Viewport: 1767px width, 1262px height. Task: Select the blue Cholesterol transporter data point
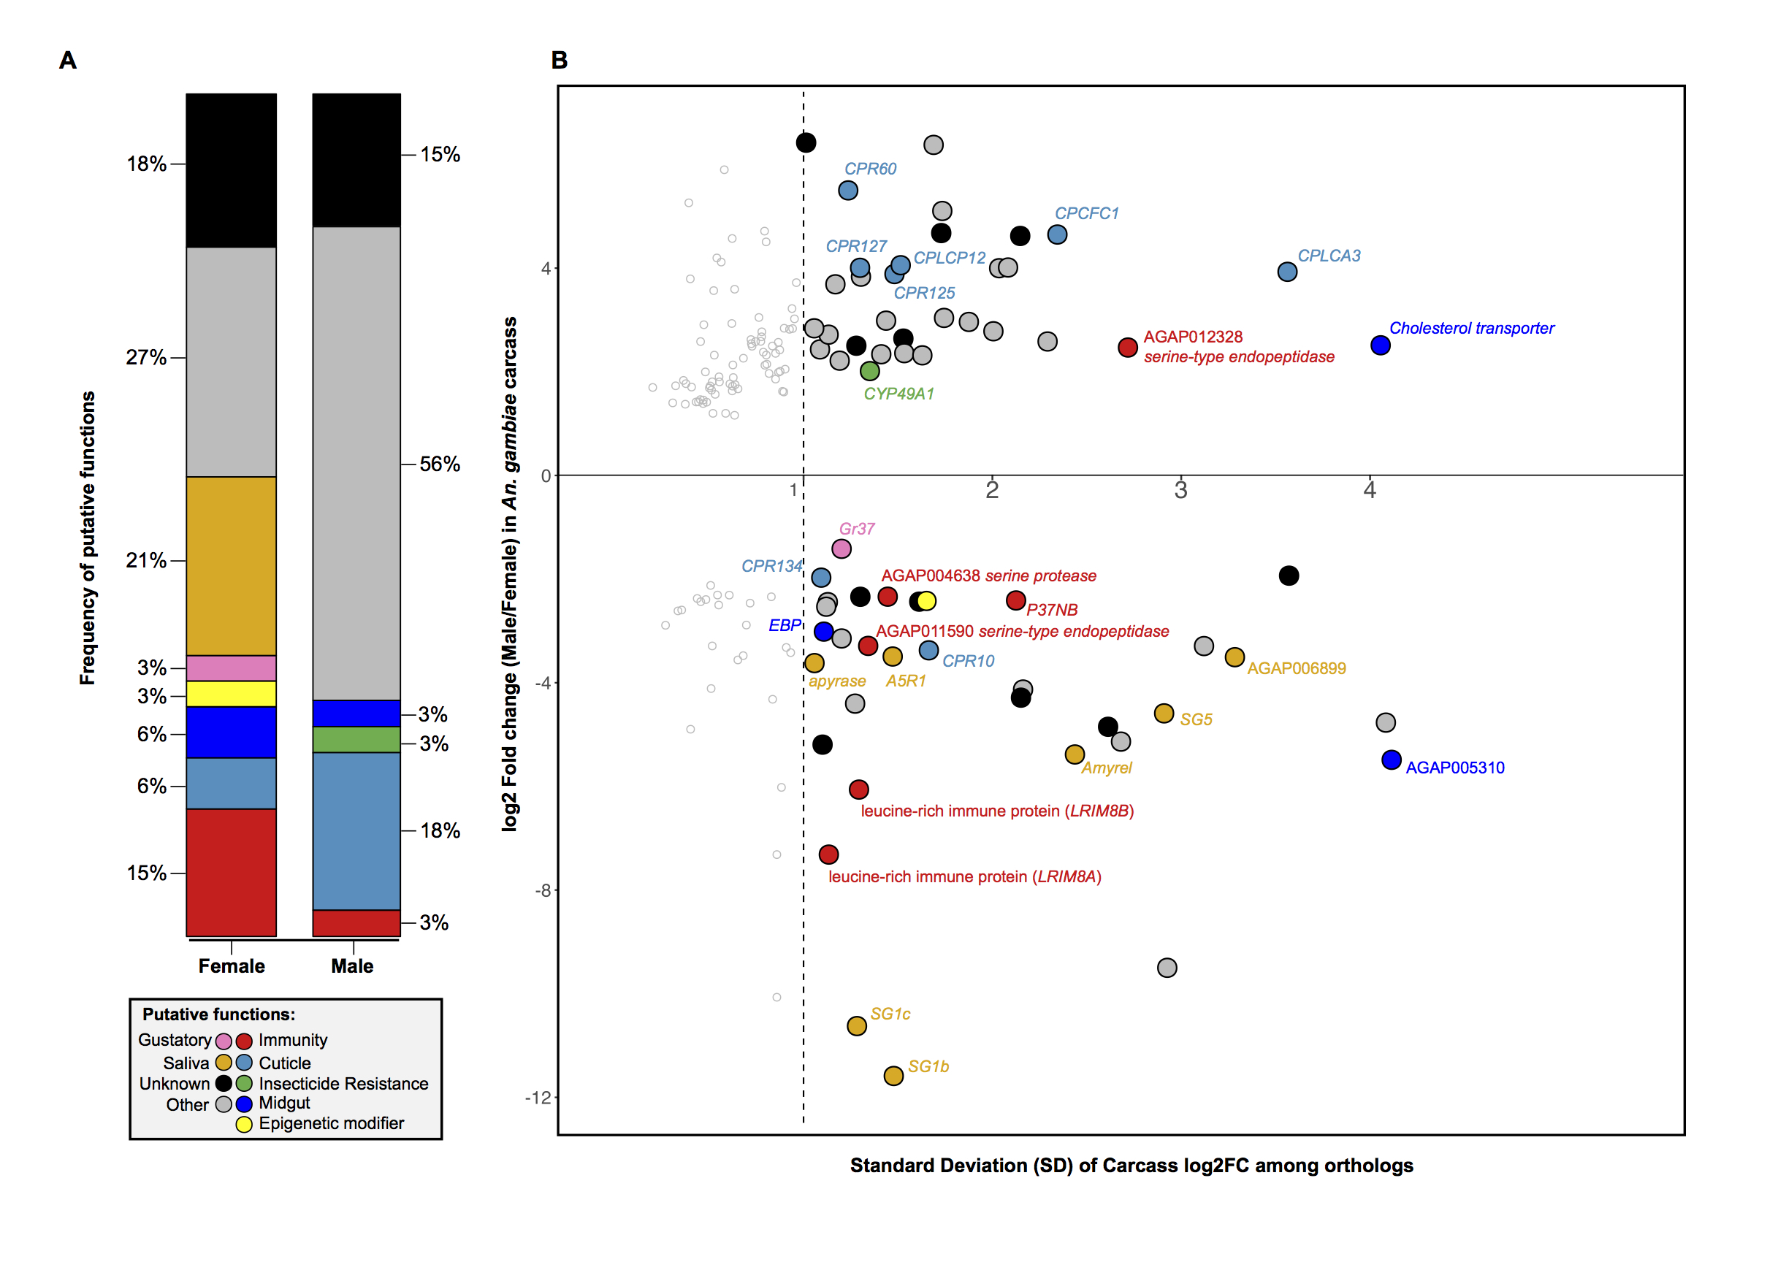tap(1379, 345)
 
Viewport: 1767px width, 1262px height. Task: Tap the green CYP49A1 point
tap(869, 371)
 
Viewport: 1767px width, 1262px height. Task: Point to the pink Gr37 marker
tap(841, 548)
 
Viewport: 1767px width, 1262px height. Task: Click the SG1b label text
tap(928, 1066)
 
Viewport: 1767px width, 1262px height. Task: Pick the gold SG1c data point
tap(856, 1026)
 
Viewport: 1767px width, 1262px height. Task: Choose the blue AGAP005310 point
tap(1391, 760)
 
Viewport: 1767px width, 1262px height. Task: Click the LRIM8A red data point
tap(828, 854)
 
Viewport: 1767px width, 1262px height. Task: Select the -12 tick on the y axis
tap(538, 1097)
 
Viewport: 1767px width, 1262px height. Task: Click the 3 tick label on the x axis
tap(1180, 490)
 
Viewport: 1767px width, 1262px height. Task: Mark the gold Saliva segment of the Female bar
tap(231, 566)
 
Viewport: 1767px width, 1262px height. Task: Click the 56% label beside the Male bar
tap(440, 464)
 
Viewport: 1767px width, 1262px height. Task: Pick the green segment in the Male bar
tap(356, 739)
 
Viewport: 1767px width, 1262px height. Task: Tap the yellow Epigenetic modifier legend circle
tap(244, 1124)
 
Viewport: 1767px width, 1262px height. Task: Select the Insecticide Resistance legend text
tap(343, 1083)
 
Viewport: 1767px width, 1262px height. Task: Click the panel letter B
tap(559, 60)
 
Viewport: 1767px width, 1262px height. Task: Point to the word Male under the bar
tap(352, 966)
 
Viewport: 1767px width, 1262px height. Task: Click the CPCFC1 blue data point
tap(1057, 234)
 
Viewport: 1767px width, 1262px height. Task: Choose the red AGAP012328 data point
tap(1128, 348)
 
